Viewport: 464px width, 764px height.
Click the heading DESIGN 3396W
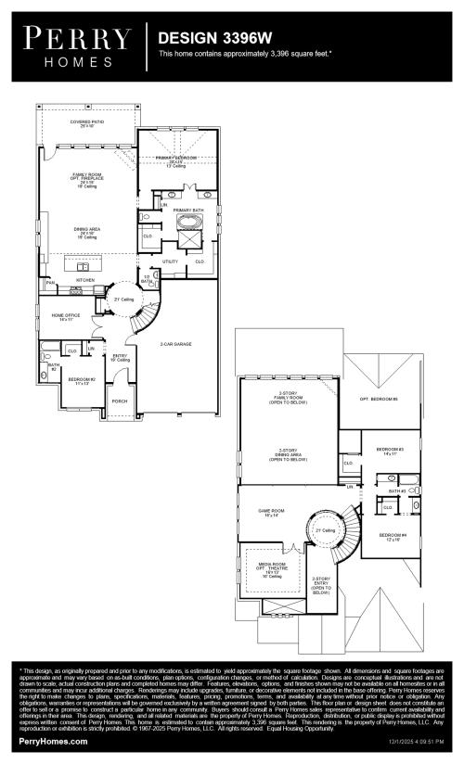(x=203, y=39)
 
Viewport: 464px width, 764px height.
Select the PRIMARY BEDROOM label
(x=181, y=159)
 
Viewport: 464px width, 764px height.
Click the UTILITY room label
(x=170, y=261)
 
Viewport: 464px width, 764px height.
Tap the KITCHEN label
(x=85, y=278)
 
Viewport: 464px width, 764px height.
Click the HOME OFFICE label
(x=65, y=317)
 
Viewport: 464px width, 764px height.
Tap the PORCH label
(x=120, y=401)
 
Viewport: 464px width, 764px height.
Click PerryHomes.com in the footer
(x=53, y=741)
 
